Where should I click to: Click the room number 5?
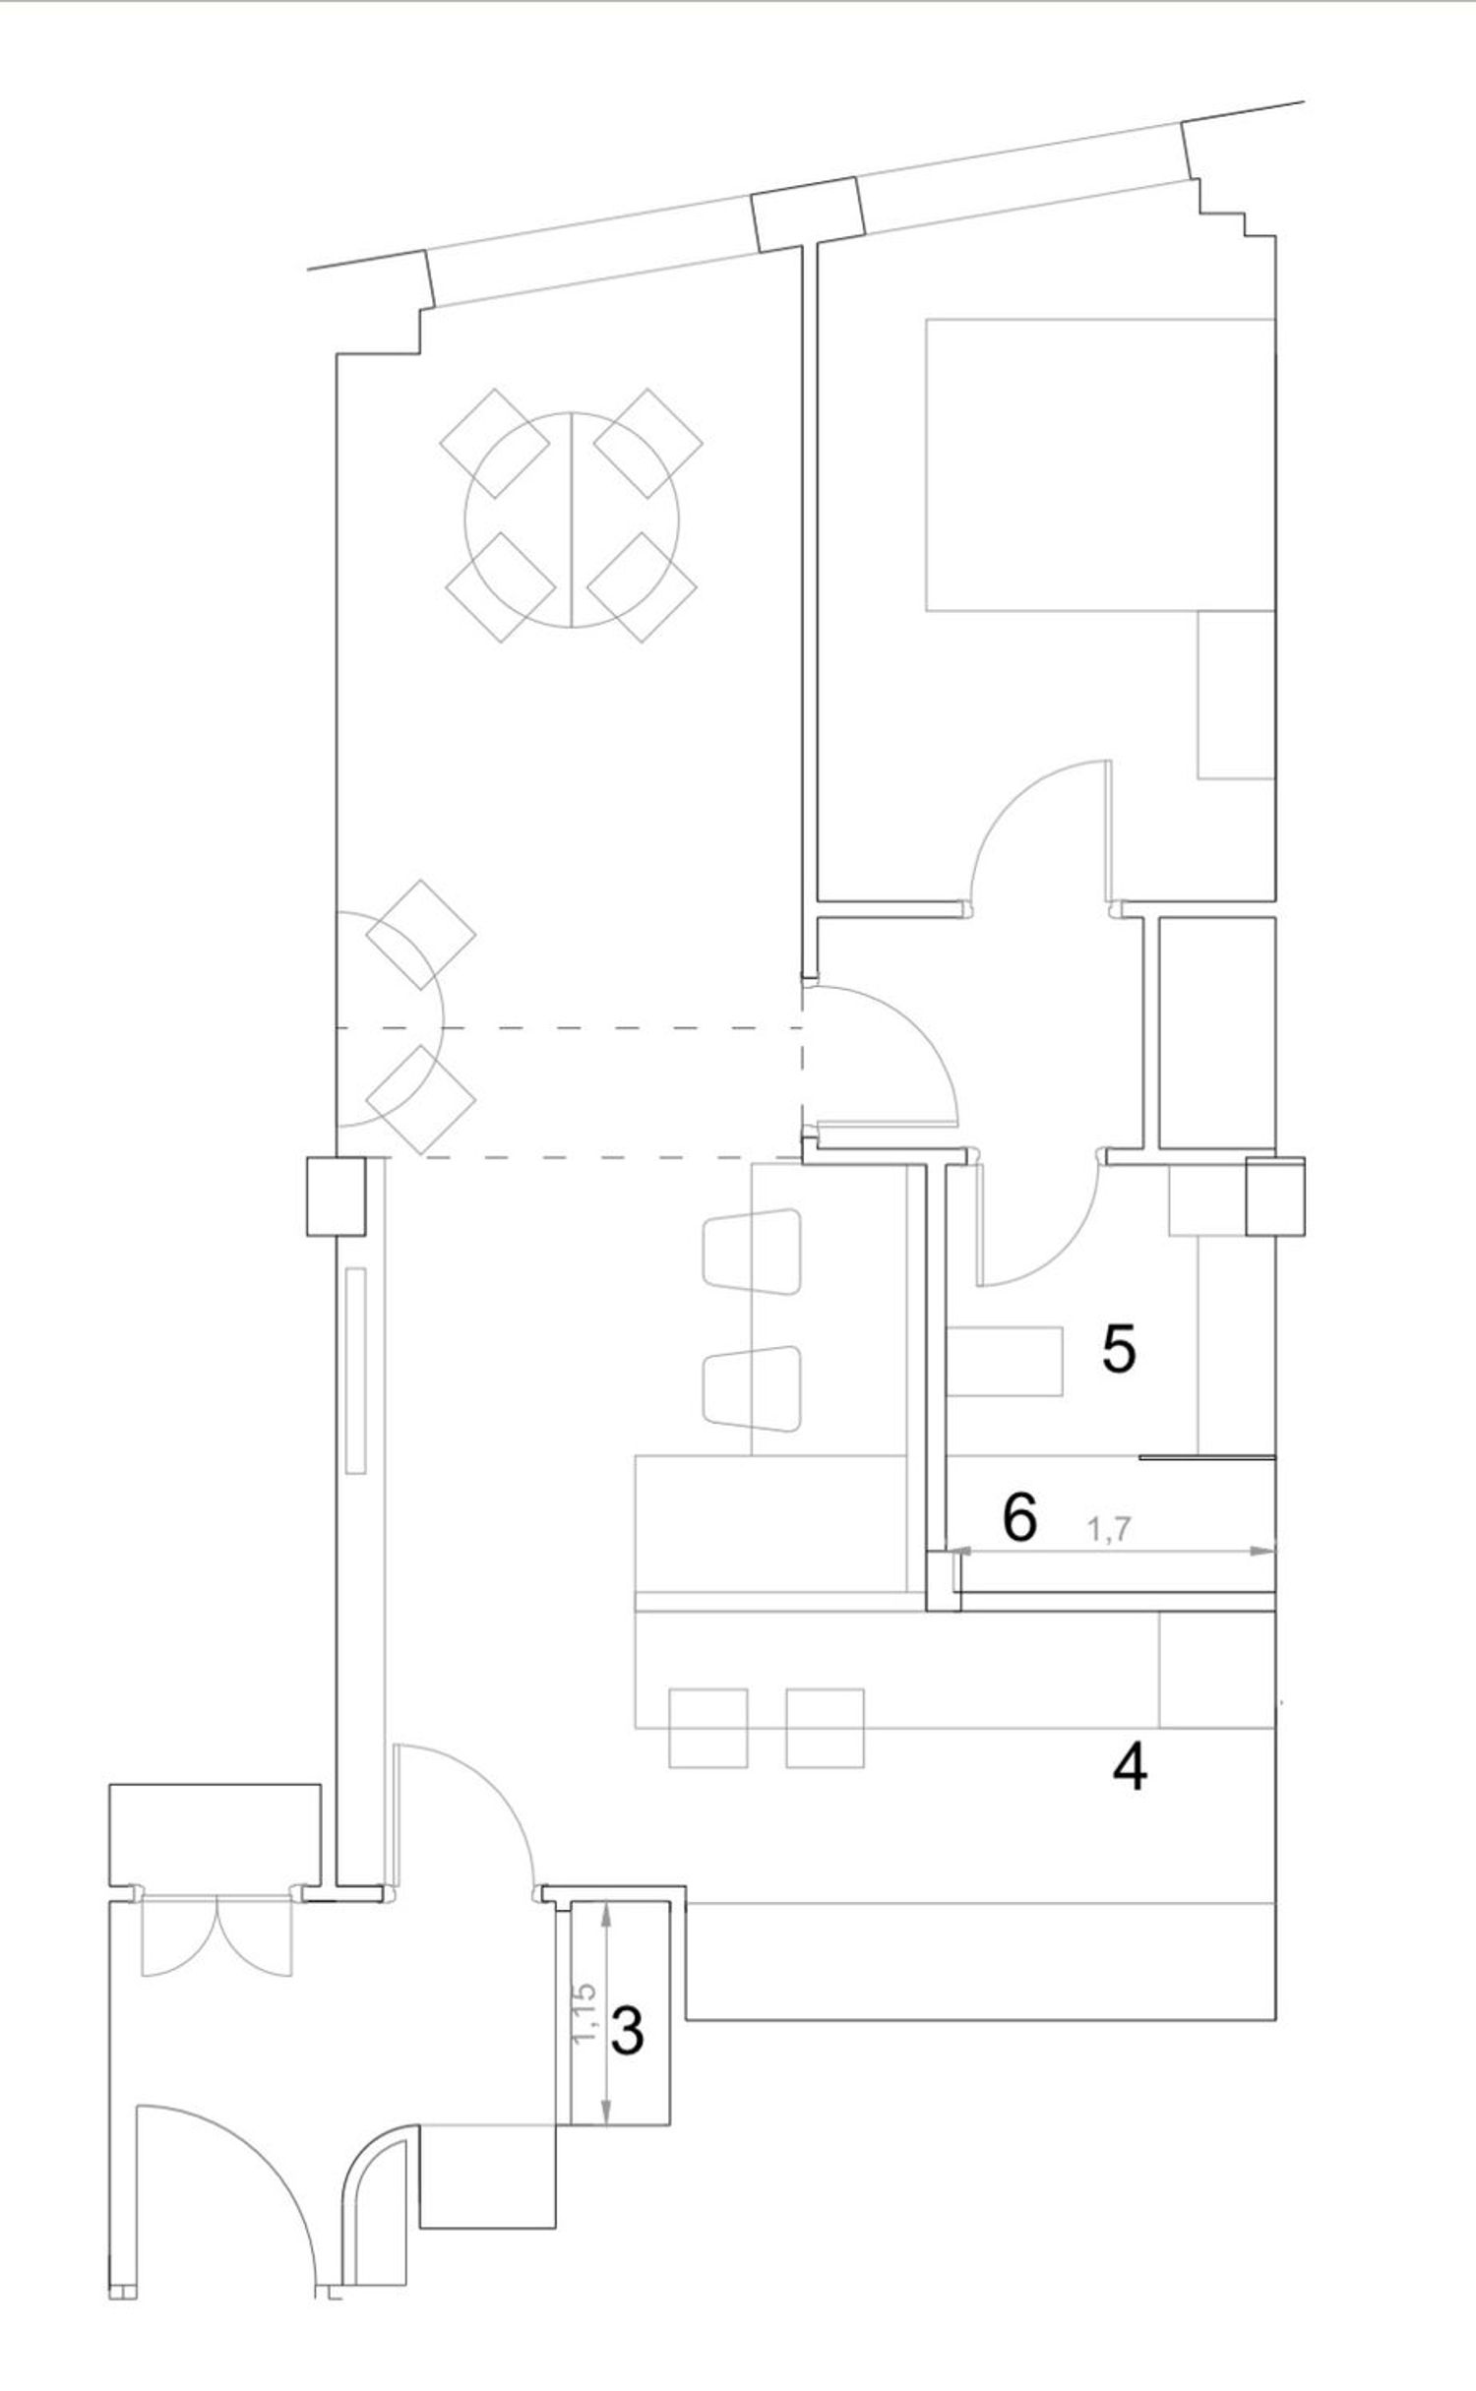tap(1119, 1349)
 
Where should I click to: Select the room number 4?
tap(1130, 1768)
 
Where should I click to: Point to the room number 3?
tap(628, 2031)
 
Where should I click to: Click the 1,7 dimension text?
tap(1110, 1529)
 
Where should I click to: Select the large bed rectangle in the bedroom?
tap(1100, 464)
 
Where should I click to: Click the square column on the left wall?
tap(337, 1195)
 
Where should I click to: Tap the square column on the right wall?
tap(1275, 1195)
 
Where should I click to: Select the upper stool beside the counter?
tap(753, 1251)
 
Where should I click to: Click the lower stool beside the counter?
tap(753, 1387)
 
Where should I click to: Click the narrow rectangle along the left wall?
tap(356, 1370)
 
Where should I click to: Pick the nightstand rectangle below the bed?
tap(1236, 695)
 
